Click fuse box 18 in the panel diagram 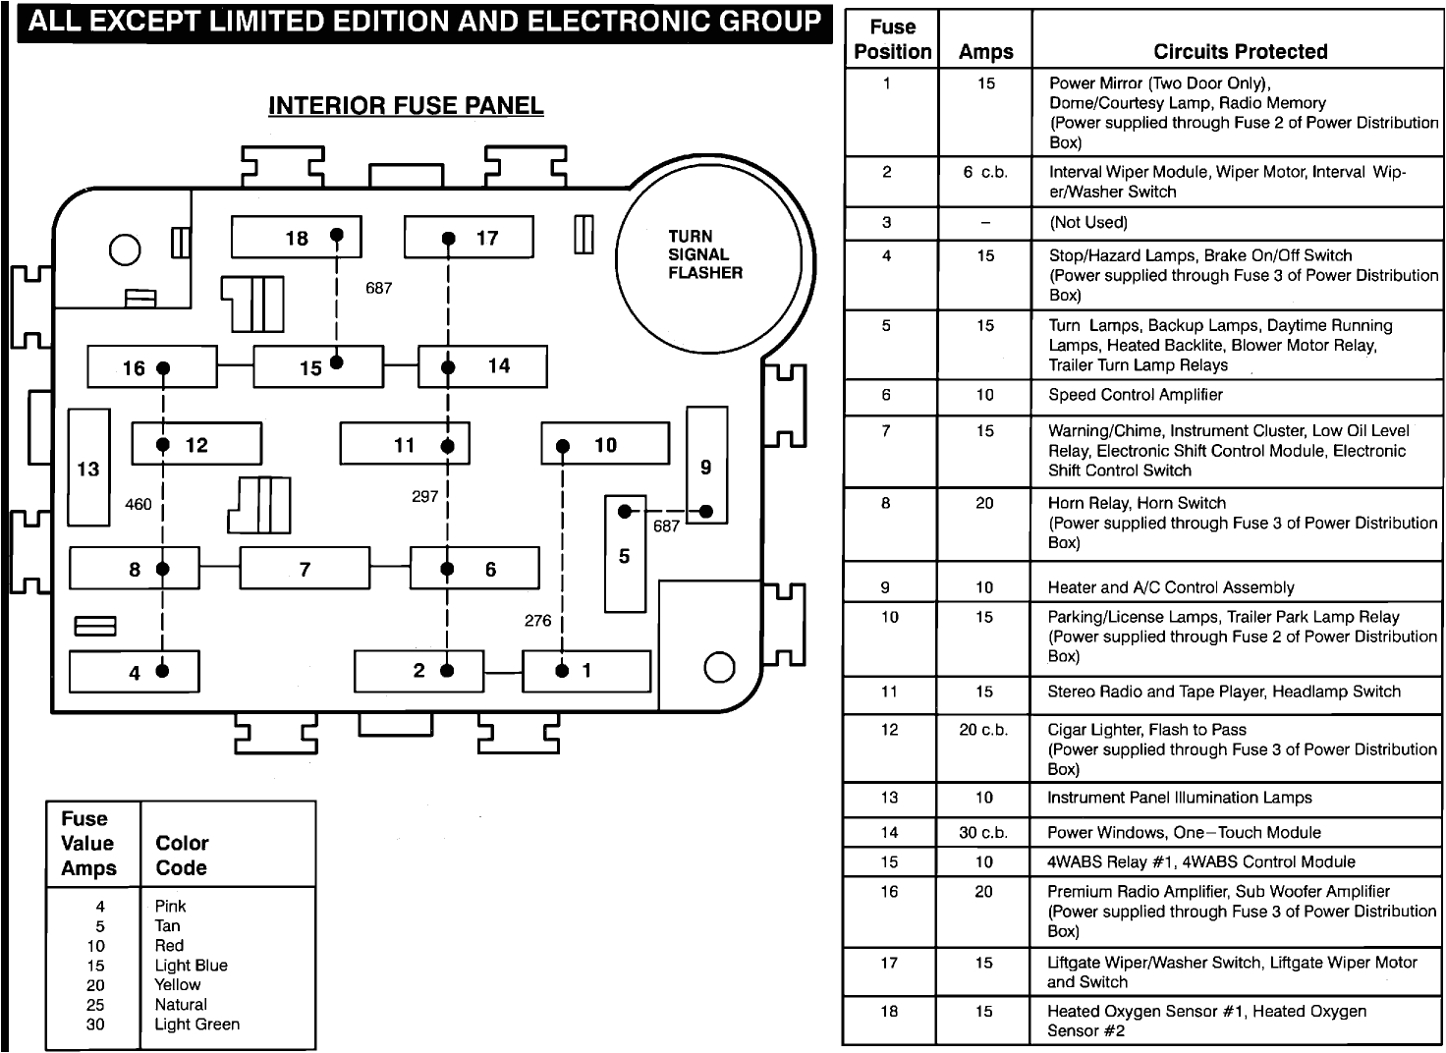point(296,238)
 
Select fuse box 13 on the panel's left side point(88,469)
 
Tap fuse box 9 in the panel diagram point(706,466)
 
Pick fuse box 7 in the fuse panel point(305,569)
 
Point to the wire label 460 point(139,504)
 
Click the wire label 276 point(537,621)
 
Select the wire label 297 point(424,497)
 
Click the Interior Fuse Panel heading point(406,106)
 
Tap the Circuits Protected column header point(1240,52)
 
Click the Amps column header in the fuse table point(985,52)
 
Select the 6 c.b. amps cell point(985,172)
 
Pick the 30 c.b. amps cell point(983,833)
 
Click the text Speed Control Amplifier point(1135,395)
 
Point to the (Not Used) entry point(1088,222)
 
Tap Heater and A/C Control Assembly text point(1171,587)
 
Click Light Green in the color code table point(196,1025)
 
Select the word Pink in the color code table point(170,907)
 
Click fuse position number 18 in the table point(889,1012)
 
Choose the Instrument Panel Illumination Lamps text point(1179,798)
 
